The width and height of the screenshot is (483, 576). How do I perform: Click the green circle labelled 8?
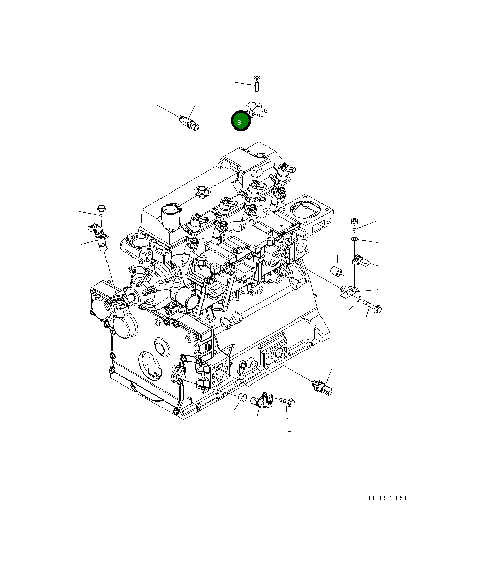tap(241, 121)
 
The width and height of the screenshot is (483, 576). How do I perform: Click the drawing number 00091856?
tap(387, 498)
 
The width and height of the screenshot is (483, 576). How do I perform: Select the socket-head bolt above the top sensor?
tap(257, 81)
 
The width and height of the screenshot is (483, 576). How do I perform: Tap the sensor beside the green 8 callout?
tap(257, 109)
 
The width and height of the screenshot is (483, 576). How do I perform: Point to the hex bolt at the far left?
tap(101, 212)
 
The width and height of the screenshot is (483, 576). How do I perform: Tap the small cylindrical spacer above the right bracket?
tap(337, 273)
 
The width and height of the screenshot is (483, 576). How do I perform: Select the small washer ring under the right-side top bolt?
tap(355, 238)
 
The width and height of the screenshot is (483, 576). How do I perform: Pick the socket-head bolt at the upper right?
tap(355, 223)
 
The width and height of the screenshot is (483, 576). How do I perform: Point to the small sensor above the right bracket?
tap(361, 260)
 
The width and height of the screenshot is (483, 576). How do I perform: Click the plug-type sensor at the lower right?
tap(323, 387)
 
